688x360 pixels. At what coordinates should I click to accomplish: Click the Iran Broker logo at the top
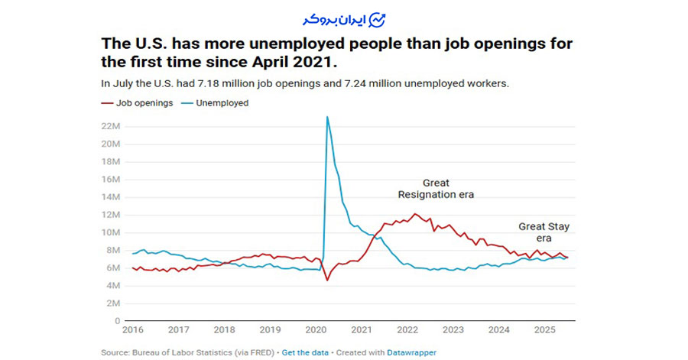[x=343, y=18]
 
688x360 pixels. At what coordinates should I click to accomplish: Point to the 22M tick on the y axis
[x=112, y=125]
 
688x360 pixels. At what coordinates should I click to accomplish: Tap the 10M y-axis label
[x=112, y=232]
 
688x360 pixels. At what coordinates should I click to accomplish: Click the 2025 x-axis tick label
[x=544, y=330]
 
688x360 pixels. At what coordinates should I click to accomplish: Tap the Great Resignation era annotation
[x=436, y=189]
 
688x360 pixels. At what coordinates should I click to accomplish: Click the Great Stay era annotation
[x=544, y=232]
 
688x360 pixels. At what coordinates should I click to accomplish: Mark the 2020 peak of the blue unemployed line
[x=327, y=117]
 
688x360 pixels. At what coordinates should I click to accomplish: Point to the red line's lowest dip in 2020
[x=327, y=281]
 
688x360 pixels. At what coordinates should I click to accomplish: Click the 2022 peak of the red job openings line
[x=415, y=214]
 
